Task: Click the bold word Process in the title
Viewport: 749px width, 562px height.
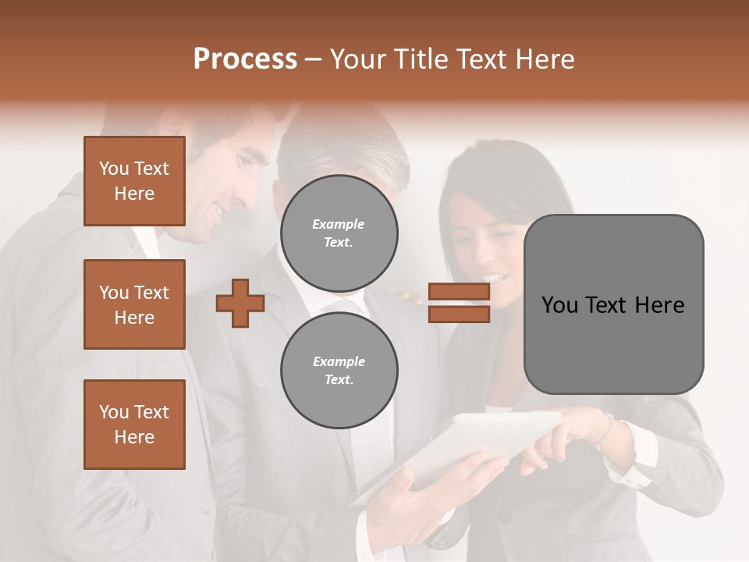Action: (x=245, y=59)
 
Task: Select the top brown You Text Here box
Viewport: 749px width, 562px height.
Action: (x=134, y=181)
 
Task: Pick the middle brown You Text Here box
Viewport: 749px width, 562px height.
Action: (x=134, y=304)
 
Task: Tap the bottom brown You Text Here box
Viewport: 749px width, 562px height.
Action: (x=134, y=424)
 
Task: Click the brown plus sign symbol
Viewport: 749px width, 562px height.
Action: (x=240, y=303)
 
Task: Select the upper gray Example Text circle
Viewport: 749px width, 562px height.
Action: (x=339, y=233)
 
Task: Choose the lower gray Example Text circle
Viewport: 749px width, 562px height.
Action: (x=339, y=370)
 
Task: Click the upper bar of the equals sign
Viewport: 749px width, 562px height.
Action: (x=459, y=292)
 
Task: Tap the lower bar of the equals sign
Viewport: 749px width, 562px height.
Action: (x=459, y=315)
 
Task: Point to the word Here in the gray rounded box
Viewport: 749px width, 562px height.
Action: (x=659, y=305)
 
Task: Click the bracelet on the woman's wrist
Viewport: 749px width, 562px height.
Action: (x=606, y=429)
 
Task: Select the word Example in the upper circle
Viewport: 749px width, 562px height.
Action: (x=339, y=224)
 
